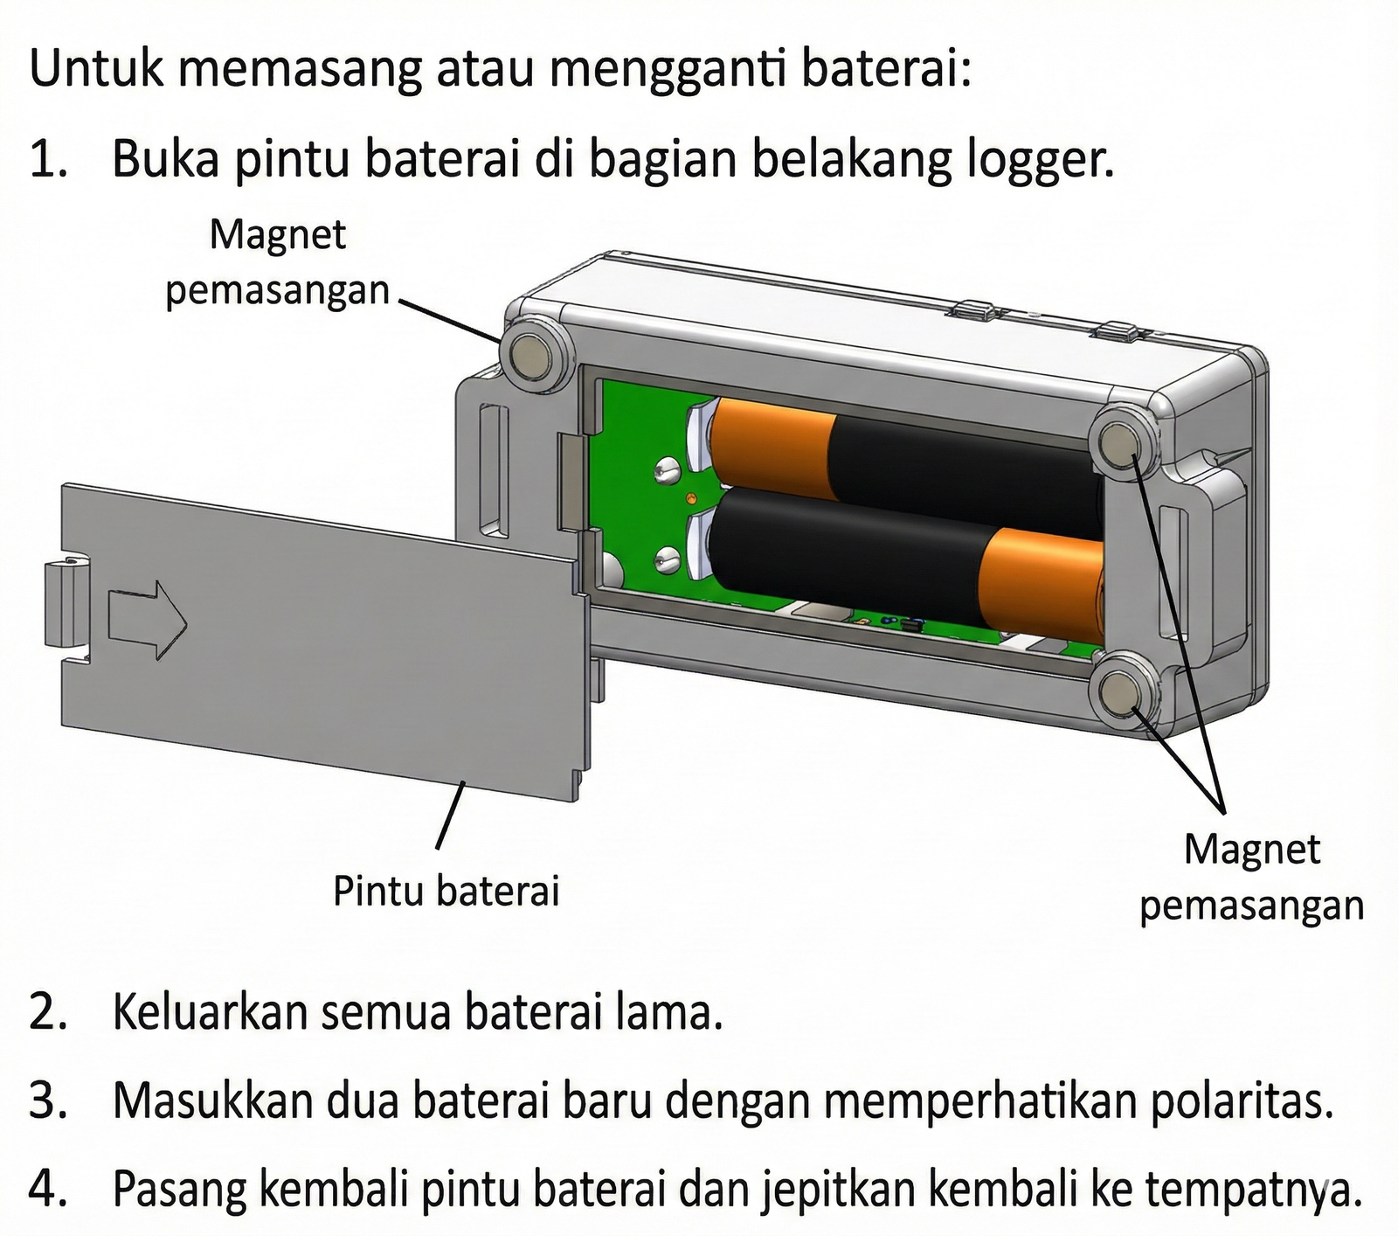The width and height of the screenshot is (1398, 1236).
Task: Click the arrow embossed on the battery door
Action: coord(147,619)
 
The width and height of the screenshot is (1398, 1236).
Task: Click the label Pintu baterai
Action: coord(446,892)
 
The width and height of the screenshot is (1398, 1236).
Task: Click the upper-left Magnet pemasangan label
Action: coord(277,262)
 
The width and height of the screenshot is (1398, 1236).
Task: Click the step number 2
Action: coord(45,1014)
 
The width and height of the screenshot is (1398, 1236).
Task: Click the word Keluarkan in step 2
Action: coord(210,1014)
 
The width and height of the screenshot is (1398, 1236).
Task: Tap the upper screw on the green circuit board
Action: coord(666,471)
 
